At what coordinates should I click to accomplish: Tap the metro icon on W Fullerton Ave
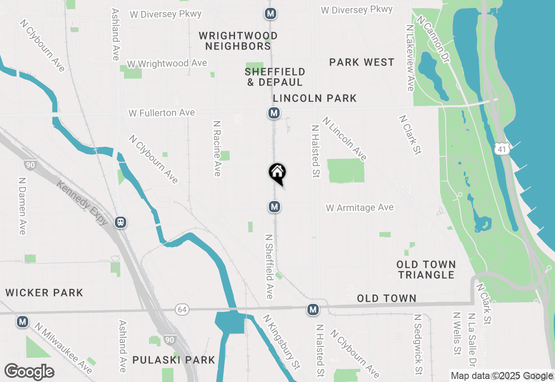click(x=274, y=113)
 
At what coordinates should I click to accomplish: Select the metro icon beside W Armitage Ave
click(x=274, y=207)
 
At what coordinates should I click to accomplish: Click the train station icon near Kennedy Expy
click(x=121, y=223)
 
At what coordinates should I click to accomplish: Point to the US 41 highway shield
click(x=502, y=149)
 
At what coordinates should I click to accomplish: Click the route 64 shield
click(x=182, y=310)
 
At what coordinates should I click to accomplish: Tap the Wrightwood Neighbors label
click(x=238, y=41)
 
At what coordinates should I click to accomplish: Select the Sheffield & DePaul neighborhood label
click(x=275, y=77)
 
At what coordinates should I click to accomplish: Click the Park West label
click(x=362, y=63)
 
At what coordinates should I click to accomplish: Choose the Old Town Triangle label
click(x=426, y=270)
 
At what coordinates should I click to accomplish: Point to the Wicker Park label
click(x=44, y=293)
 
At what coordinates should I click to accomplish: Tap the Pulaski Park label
click(x=174, y=360)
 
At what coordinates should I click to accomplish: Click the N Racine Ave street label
click(x=217, y=148)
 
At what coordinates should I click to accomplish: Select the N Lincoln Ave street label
click(x=345, y=138)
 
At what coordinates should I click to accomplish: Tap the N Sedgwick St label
click(x=418, y=345)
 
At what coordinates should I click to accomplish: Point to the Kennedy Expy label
click(x=83, y=203)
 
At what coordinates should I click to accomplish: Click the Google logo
click(x=29, y=372)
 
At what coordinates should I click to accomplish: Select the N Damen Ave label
click(x=22, y=205)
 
